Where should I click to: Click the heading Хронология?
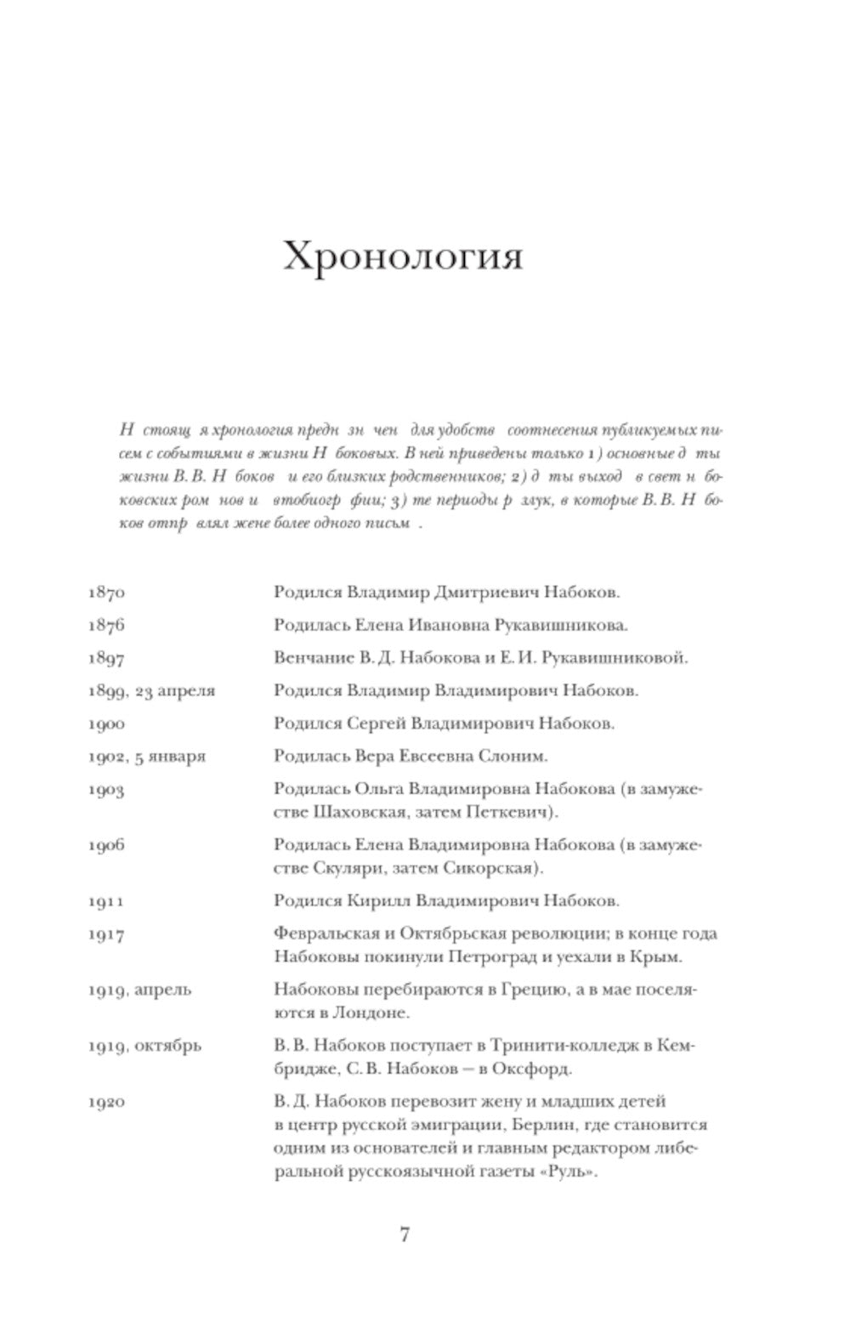(x=402, y=256)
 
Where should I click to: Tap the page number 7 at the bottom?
(x=405, y=1235)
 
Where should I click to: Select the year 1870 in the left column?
(x=106, y=593)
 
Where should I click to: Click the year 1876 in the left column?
(x=106, y=626)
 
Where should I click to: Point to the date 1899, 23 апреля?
(x=151, y=691)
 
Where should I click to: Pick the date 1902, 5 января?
(x=146, y=757)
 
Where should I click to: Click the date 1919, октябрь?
(x=144, y=1046)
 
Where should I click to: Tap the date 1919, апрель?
(x=139, y=990)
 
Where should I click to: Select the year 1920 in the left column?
(x=106, y=1102)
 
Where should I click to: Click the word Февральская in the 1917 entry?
(x=320, y=933)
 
